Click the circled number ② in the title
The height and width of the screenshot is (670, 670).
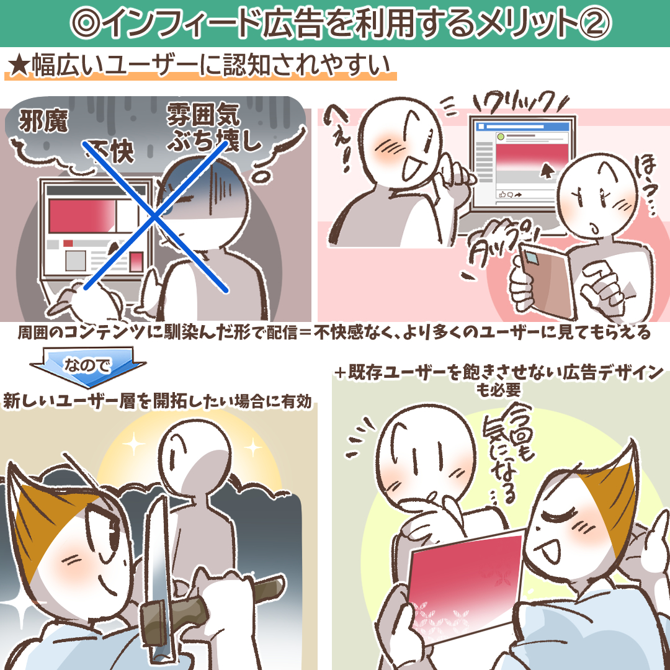[595, 24]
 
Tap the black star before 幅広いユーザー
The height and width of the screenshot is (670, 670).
[19, 65]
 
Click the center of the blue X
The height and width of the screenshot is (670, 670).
[154, 217]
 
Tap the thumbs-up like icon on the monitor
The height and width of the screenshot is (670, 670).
[502, 194]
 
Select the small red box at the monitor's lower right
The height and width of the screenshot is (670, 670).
[136, 262]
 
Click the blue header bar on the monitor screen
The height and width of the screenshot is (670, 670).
[524, 127]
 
